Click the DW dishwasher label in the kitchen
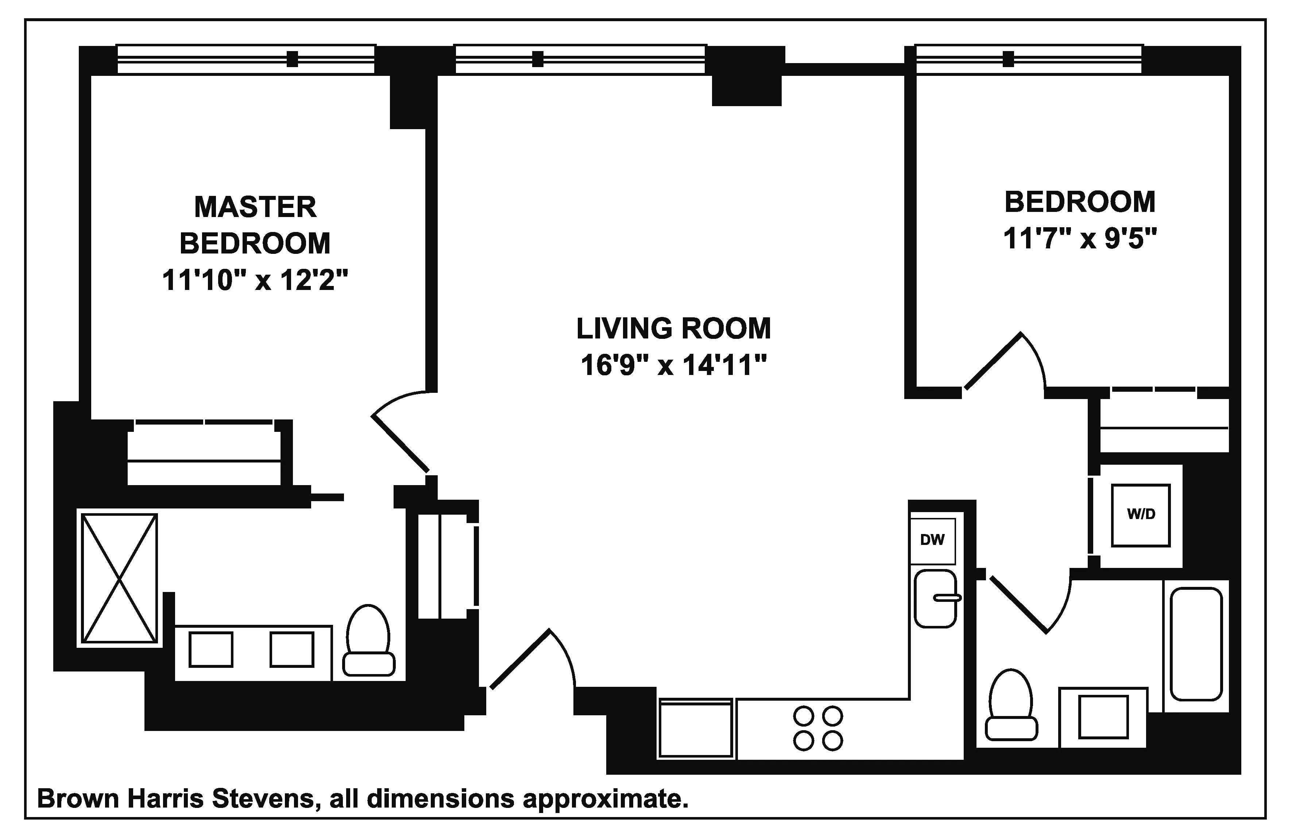[932, 539]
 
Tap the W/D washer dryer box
[1141, 514]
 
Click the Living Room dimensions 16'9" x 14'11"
[673, 365]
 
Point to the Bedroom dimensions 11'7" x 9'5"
[1080, 239]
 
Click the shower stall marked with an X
[119, 578]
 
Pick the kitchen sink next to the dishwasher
[935, 598]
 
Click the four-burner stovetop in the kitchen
[817, 728]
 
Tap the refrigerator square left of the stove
[695, 728]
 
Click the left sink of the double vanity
[210, 650]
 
